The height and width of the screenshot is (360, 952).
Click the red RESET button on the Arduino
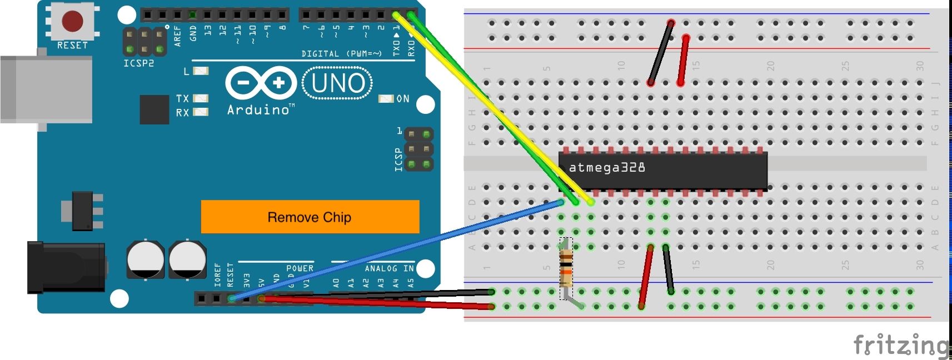click(x=72, y=21)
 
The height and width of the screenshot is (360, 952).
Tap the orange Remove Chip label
click(x=310, y=217)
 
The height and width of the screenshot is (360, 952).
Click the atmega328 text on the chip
click(x=607, y=167)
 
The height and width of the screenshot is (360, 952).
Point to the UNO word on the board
click(x=338, y=83)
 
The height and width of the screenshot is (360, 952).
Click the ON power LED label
click(x=403, y=99)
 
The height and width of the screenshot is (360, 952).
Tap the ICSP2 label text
click(x=138, y=63)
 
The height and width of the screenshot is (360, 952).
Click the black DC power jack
click(x=66, y=267)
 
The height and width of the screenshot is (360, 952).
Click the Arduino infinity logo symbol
click(x=261, y=83)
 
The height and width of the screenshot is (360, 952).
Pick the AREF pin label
click(x=178, y=35)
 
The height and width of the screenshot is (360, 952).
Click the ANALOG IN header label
click(x=389, y=268)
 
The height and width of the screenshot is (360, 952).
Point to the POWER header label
click(x=300, y=268)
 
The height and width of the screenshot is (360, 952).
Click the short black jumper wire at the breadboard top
click(x=661, y=53)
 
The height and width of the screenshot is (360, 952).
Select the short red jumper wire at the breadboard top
click(x=683, y=61)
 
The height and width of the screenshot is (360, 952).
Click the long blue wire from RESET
click(x=389, y=252)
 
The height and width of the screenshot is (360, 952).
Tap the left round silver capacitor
click(x=146, y=259)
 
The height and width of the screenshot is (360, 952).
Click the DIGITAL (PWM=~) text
click(x=341, y=54)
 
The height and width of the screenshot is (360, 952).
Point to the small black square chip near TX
click(x=154, y=109)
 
